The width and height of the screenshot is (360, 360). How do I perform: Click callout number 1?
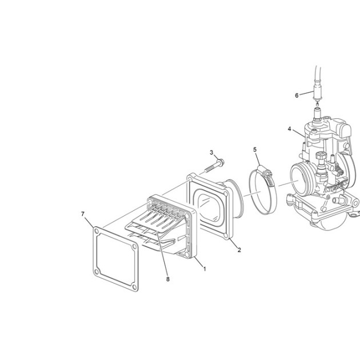tap(205, 269)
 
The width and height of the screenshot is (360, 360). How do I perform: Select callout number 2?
tap(239, 250)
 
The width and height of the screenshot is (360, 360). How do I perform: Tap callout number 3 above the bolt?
tap(211, 153)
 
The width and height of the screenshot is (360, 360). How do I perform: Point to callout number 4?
tap(290, 129)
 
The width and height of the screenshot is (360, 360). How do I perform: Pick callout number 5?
tap(255, 150)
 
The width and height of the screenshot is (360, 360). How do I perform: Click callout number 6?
tap(297, 95)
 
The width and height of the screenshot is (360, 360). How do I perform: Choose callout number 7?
tap(83, 214)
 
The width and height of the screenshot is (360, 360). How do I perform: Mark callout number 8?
tap(168, 279)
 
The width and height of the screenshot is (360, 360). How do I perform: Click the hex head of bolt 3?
tap(221, 162)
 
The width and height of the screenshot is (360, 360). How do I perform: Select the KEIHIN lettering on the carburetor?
tap(336, 187)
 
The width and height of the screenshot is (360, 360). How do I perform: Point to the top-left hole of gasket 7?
tap(97, 231)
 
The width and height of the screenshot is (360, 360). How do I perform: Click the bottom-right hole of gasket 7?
tap(134, 286)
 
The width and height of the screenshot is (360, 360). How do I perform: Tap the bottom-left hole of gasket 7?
tap(97, 272)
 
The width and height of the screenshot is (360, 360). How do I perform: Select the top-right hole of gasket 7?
tap(134, 247)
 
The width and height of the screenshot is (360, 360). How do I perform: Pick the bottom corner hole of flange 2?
tap(226, 235)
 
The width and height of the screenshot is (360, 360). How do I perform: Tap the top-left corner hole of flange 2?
tap(190, 178)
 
